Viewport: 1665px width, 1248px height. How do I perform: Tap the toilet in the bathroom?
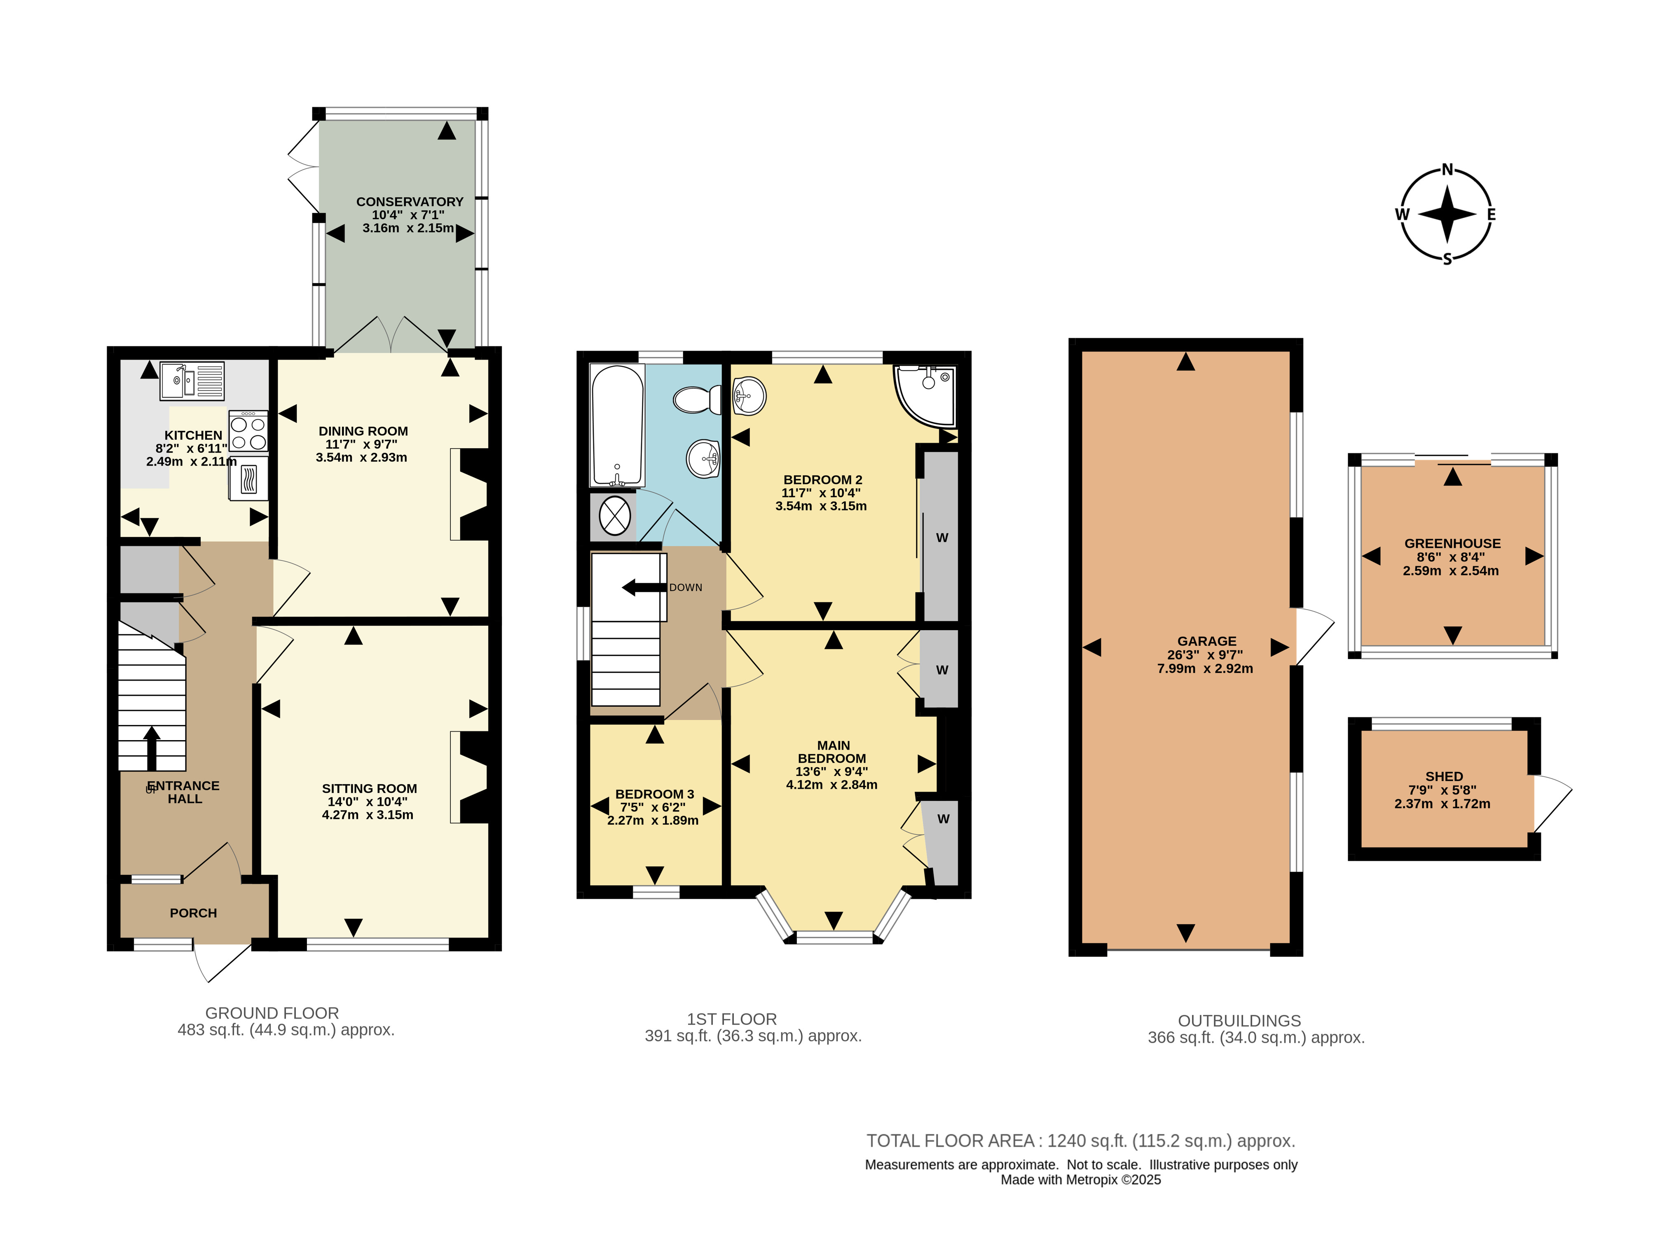point(697,400)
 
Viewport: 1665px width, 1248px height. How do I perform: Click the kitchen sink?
point(192,381)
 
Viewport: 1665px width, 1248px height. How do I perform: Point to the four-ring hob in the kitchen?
point(248,431)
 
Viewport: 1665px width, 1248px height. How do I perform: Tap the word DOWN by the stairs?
point(686,587)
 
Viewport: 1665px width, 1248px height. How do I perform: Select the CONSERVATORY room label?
point(410,201)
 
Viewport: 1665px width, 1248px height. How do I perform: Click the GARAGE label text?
point(1206,641)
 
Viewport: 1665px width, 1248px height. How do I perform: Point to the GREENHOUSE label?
point(1452,543)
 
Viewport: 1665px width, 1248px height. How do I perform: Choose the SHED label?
point(1444,776)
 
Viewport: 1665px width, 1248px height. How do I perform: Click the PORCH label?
point(194,912)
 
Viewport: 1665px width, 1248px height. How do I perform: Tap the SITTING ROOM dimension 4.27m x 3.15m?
point(368,815)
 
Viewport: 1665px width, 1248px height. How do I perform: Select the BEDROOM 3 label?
point(654,794)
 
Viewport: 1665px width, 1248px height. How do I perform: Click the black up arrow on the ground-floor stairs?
point(152,748)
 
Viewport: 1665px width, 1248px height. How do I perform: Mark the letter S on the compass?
point(1447,259)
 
